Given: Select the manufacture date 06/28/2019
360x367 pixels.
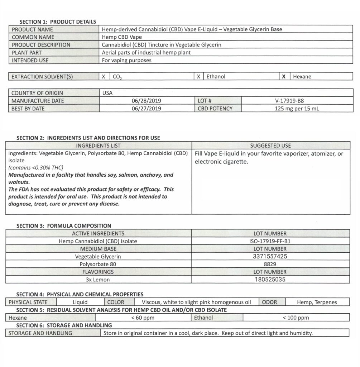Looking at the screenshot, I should click(x=147, y=101).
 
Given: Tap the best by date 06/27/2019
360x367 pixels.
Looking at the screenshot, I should click(x=147, y=108).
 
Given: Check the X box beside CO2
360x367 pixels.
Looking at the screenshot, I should click(x=104, y=76).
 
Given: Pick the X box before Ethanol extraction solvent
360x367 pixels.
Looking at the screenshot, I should click(x=198, y=76).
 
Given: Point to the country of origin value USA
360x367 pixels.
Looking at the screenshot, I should click(x=107, y=93).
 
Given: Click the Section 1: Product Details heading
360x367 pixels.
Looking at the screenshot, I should click(x=58, y=22).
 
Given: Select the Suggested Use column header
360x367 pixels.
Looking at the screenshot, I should click(x=270, y=146).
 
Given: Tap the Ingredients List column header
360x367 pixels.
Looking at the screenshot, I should click(x=99, y=146).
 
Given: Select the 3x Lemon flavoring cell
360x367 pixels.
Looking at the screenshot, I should click(x=98, y=280).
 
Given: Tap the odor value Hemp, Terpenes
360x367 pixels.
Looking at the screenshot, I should click(x=317, y=302).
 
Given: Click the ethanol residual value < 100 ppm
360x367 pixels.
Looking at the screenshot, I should click(x=296, y=318).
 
